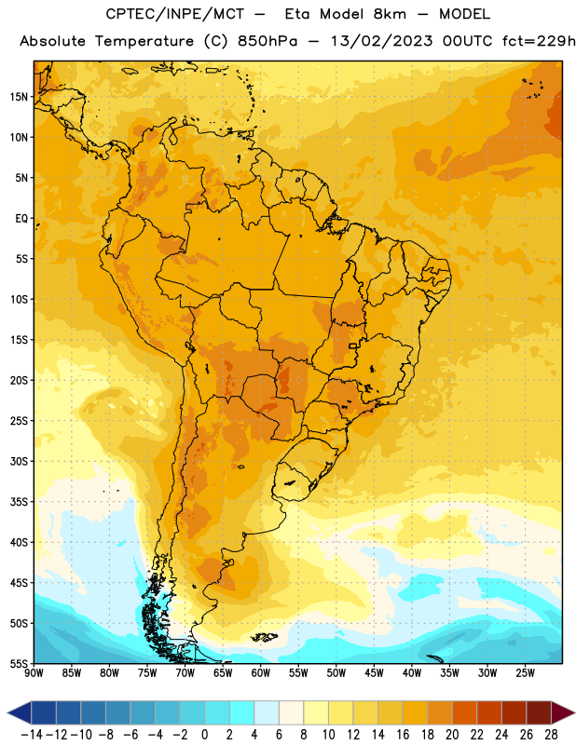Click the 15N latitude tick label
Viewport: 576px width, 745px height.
[19, 97]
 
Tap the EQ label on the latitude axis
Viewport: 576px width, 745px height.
[21, 219]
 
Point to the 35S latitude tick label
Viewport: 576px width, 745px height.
[19, 502]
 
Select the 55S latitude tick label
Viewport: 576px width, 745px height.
[19, 664]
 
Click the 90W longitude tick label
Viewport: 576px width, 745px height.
[34, 673]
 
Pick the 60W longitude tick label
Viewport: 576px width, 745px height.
[261, 673]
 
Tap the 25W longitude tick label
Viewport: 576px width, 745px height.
[525, 673]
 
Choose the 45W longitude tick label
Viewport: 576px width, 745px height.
[374, 673]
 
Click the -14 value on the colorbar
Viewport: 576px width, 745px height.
[32, 735]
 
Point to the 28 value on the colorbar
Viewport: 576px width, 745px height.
[551, 735]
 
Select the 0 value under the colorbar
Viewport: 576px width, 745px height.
[204, 735]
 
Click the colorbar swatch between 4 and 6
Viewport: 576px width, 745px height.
[267, 712]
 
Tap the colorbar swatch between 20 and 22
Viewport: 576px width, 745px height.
[465, 712]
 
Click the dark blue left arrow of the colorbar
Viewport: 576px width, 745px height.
[20, 712]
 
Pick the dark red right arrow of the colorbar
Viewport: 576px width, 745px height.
[563, 712]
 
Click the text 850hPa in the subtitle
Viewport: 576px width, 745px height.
[267, 41]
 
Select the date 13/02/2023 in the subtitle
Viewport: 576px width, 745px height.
[381, 41]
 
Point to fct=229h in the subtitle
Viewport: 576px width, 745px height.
[539, 41]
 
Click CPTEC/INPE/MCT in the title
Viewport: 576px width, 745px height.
[174, 14]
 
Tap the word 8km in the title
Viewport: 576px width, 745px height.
[390, 14]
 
